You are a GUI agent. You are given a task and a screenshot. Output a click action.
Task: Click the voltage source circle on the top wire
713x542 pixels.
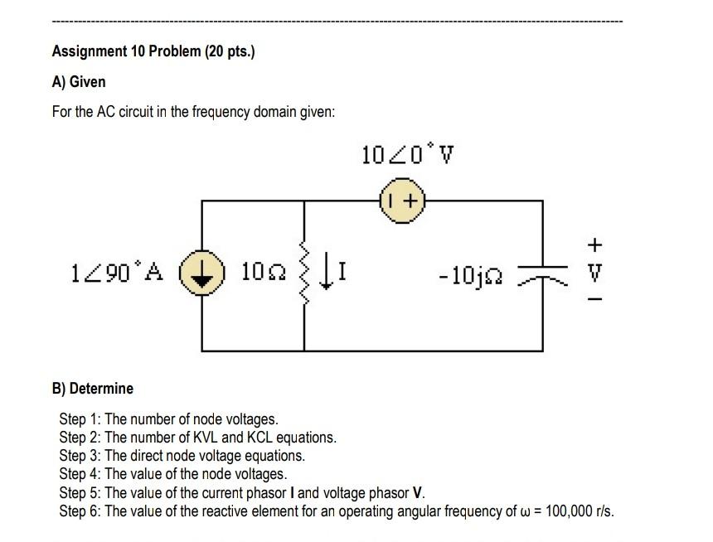402,201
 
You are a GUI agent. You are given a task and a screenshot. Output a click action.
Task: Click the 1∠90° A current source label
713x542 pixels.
119,270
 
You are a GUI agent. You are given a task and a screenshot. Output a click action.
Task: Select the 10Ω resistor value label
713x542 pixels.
261,270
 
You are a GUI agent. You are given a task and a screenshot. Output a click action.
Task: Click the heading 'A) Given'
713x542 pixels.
79,82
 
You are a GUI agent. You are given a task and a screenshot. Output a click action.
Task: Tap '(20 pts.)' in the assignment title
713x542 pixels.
230,51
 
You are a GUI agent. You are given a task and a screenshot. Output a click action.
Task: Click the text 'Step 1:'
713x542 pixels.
80,419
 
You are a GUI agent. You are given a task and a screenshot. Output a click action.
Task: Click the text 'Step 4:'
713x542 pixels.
80,474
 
